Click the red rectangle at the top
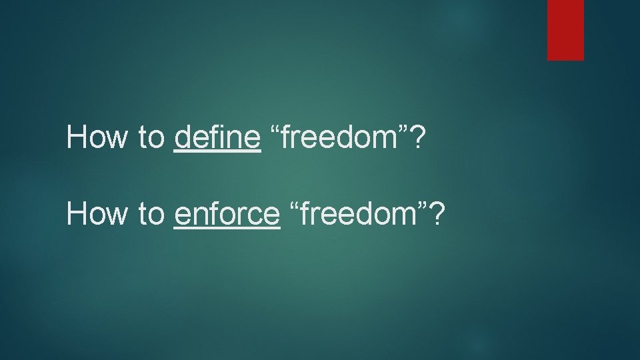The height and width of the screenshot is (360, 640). click(x=565, y=29)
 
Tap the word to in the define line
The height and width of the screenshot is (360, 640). click(x=151, y=138)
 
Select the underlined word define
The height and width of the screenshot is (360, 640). click(x=217, y=137)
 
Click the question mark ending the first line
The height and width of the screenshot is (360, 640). click(x=417, y=137)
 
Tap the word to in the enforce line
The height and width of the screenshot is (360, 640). click(x=151, y=214)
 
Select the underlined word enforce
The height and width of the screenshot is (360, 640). click(x=227, y=213)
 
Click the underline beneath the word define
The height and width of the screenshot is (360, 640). click(x=217, y=152)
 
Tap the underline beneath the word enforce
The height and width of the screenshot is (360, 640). click(x=227, y=228)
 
